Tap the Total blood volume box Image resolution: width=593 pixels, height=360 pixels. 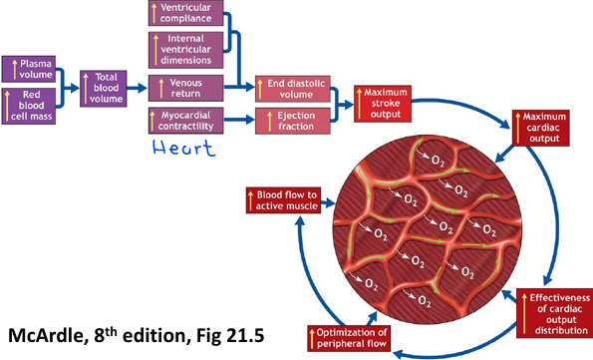pos(105,87)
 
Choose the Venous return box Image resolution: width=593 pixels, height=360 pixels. pos(185,87)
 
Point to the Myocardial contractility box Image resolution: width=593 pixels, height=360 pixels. pos(185,123)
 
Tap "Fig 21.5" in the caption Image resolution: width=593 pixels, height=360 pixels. pos(254,332)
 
